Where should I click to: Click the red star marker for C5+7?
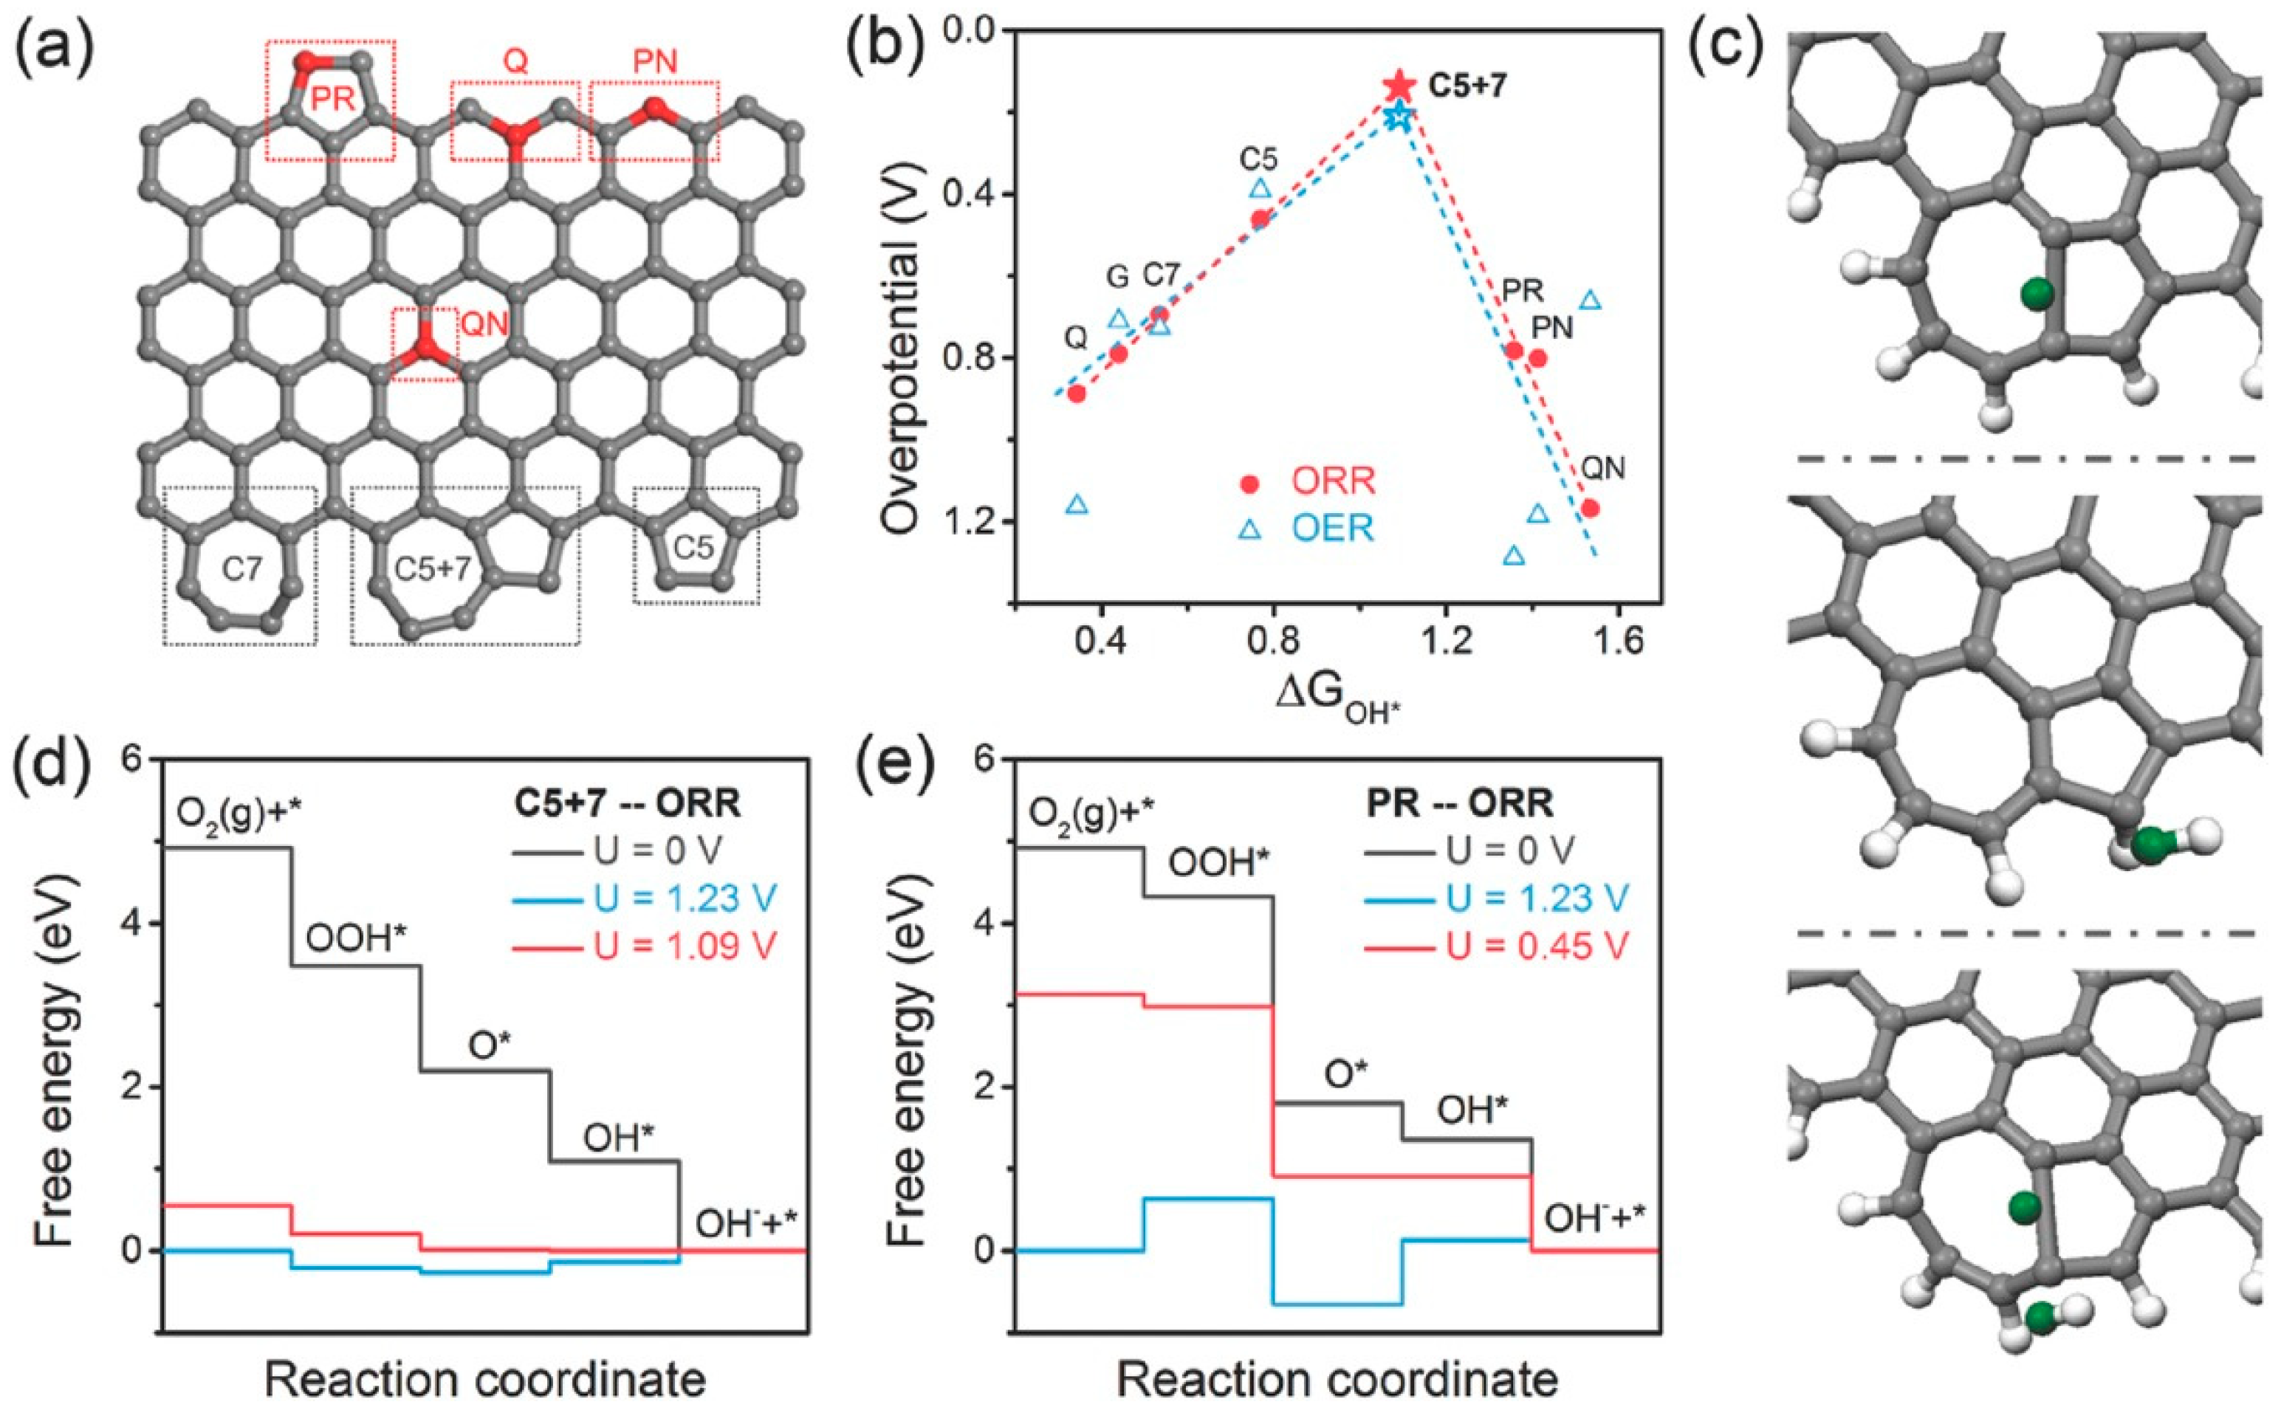point(1399,85)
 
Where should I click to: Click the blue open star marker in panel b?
point(1399,117)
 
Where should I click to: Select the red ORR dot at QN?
point(1591,509)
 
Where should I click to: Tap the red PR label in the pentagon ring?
point(333,98)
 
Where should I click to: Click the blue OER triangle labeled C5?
point(1260,188)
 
